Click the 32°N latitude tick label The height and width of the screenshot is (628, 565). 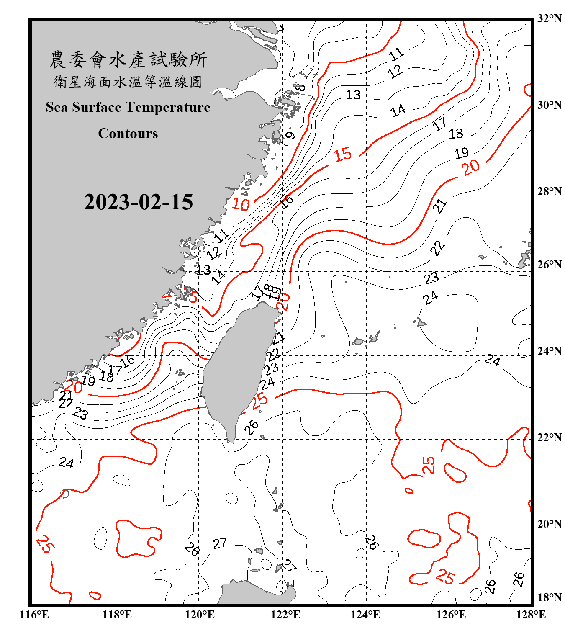pos(549,18)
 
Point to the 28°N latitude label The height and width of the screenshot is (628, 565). pos(549,191)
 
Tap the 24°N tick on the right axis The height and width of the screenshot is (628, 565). pos(549,351)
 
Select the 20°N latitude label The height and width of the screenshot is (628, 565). pos(549,524)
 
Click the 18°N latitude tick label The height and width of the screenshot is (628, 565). pos(549,597)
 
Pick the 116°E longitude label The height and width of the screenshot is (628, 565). pos(34,615)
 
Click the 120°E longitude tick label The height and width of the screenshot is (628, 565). pos(200,615)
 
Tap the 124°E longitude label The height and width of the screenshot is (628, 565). pos(365,615)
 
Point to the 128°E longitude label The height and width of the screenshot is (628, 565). pos(531,615)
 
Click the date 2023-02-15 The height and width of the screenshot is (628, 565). pos(138,202)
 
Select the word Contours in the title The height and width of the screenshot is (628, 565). pos(128,134)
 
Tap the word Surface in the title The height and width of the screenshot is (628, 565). pos(97,107)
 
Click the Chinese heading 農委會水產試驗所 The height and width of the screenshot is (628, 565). pos(128,59)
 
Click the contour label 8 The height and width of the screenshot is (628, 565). pos(300,88)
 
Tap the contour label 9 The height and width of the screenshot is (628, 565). pos(290,135)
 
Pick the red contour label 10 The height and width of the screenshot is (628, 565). pos(241,204)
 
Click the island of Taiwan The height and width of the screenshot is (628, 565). pos(236,368)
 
